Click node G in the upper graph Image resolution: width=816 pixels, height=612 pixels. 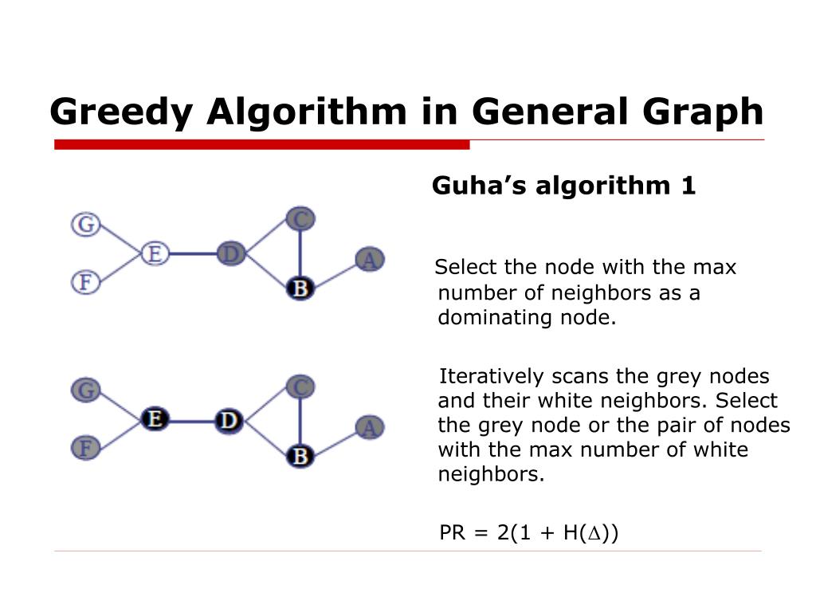coord(84,225)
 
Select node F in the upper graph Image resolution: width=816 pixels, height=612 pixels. coord(84,282)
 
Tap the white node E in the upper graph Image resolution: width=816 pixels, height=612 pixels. coord(155,254)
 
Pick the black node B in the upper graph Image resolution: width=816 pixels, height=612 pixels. coord(300,288)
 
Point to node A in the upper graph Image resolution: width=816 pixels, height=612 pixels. coord(368,260)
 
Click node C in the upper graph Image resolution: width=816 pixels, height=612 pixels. coord(300,218)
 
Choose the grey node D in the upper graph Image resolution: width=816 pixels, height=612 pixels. coord(230,254)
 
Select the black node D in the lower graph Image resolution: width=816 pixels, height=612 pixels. coord(229,419)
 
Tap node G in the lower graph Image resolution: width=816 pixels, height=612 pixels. coord(84,390)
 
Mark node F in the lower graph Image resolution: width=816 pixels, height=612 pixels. coord(84,448)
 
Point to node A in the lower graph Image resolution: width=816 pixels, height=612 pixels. coord(368,427)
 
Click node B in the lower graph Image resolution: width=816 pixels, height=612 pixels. coord(300,456)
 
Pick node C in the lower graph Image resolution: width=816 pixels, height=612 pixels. coord(300,387)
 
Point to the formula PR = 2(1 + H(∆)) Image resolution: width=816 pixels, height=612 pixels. coord(529,532)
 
